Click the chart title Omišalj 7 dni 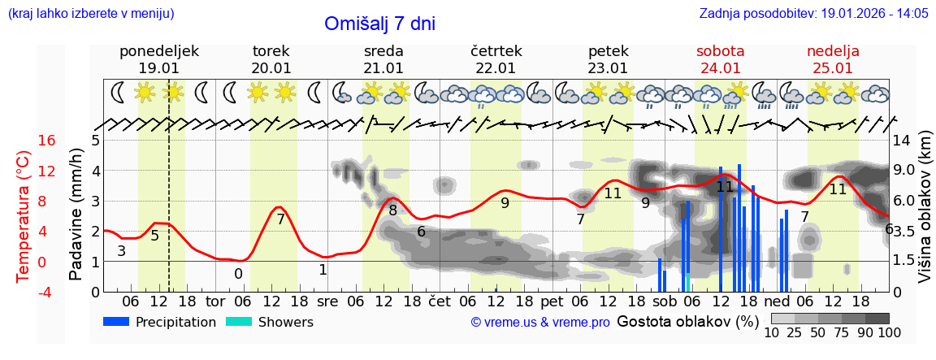click(379, 24)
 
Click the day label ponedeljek click(159, 51)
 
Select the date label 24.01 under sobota click(720, 68)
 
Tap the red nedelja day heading click(833, 51)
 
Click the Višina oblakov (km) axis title click(925, 215)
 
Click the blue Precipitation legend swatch click(117, 322)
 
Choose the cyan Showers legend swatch click(239, 322)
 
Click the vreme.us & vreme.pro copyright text click(540, 323)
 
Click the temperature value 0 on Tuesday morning click(238, 274)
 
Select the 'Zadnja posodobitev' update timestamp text click(813, 14)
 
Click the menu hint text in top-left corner click(91, 14)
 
